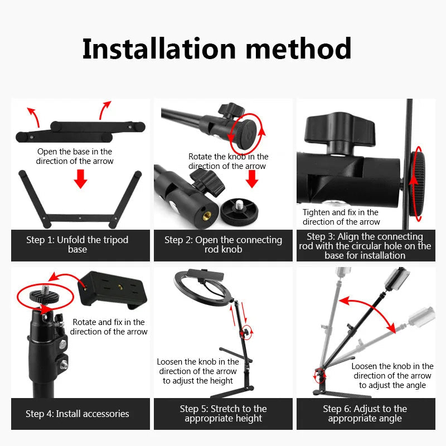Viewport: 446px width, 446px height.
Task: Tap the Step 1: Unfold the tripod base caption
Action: [x=77, y=245]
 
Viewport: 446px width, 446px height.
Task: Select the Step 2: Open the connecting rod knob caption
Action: [x=223, y=245]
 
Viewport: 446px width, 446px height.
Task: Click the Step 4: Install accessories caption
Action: [x=77, y=414]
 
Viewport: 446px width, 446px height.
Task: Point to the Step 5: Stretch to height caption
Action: [x=223, y=414]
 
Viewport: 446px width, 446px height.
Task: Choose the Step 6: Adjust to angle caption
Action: [x=365, y=414]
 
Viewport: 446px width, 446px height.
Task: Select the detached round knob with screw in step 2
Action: [x=239, y=211]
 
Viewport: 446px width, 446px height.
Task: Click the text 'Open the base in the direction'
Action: [x=75, y=156]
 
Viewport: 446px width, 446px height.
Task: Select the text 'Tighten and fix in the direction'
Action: [x=341, y=217]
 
